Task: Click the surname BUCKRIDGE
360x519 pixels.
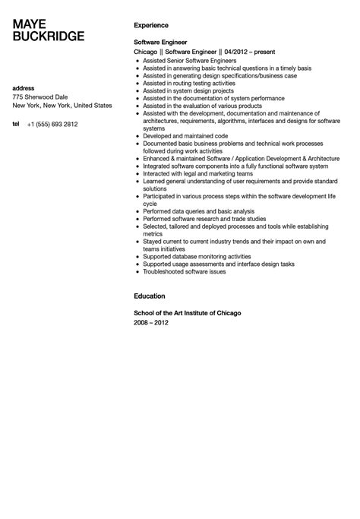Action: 49,36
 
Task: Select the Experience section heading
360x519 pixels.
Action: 152,24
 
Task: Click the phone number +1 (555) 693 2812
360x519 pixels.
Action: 52,123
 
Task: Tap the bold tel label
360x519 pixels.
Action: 16,123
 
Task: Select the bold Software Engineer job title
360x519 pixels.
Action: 160,42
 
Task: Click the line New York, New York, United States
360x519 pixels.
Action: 62,106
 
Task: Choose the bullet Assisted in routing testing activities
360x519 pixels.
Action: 189,83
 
